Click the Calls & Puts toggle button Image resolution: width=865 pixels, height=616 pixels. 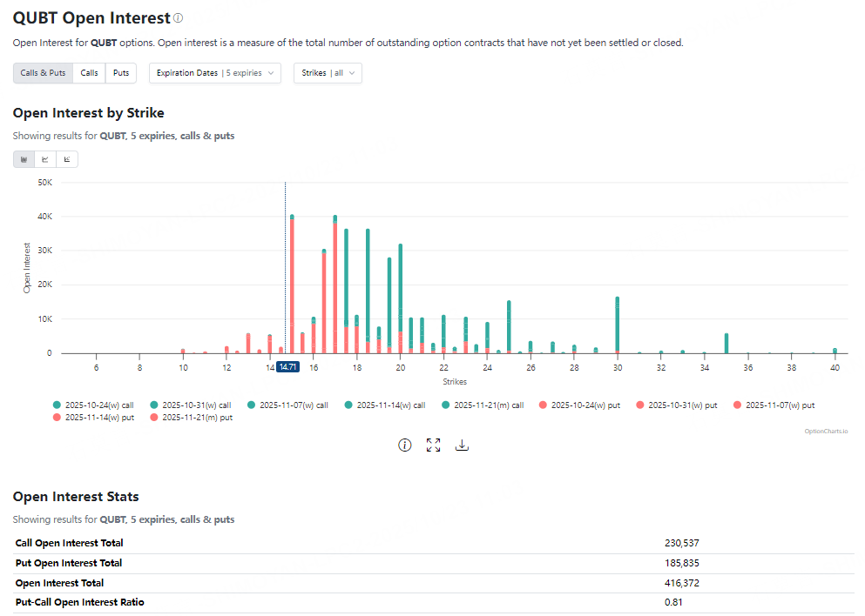pyautogui.click(x=43, y=73)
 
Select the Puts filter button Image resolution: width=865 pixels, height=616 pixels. pyautogui.click(x=121, y=73)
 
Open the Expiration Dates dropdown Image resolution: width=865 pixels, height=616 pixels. pyautogui.click(x=214, y=73)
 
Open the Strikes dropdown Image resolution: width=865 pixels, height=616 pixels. pyautogui.click(x=328, y=73)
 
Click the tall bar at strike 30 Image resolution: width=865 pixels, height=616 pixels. pyautogui.click(x=617, y=326)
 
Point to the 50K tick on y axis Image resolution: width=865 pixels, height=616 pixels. pyautogui.click(x=44, y=183)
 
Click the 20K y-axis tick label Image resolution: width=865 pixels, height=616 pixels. pyautogui.click(x=44, y=285)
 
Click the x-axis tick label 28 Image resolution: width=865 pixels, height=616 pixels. pyautogui.click(x=574, y=368)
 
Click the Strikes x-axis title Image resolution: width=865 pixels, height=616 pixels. pyautogui.click(x=454, y=382)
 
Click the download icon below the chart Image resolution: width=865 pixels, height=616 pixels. pyautogui.click(x=463, y=445)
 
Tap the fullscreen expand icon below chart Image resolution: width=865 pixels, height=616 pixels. pyautogui.click(x=433, y=445)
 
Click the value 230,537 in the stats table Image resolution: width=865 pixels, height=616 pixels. pyautogui.click(x=681, y=543)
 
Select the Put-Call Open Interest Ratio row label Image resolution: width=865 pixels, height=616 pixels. pyautogui.click(x=79, y=602)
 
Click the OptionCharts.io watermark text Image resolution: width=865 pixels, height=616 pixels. pyautogui.click(x=826, y=431)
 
